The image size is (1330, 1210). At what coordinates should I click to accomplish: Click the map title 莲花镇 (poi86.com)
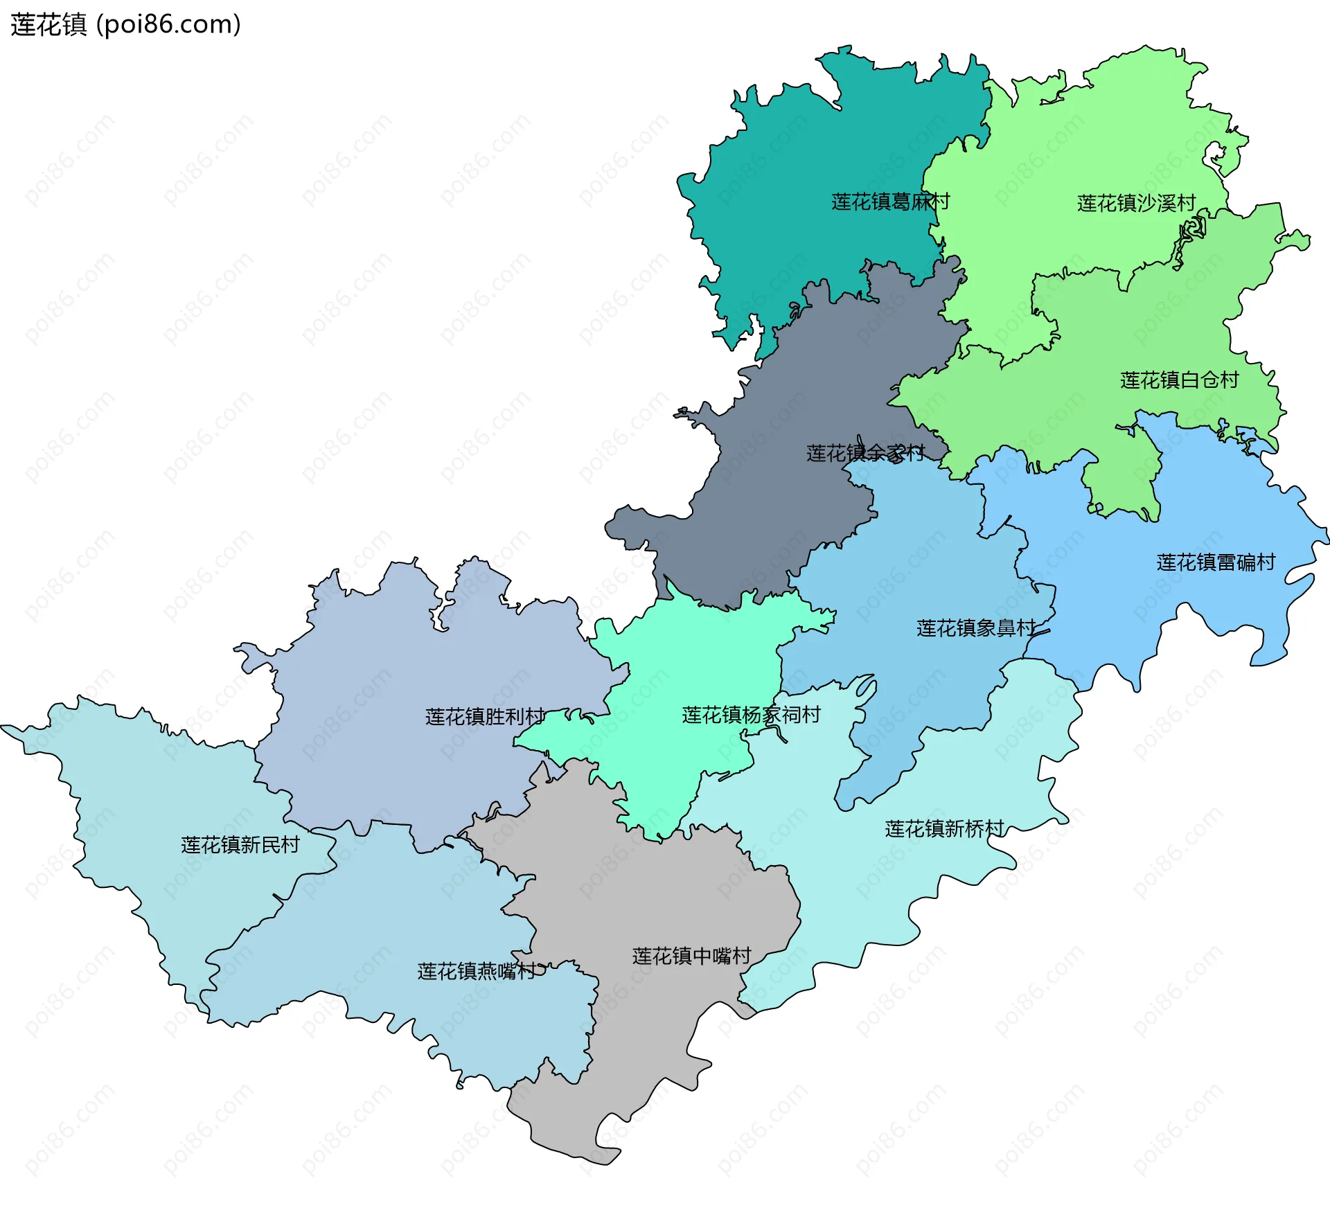tap(125, 24)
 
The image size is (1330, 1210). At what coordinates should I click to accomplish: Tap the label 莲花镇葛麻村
tap(890, 202)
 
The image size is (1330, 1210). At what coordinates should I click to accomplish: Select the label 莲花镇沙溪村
tap(1136, 203)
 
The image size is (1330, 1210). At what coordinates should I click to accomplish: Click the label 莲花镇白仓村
tap(1179, 380)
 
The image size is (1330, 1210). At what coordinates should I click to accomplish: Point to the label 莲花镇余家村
tap(865, 454)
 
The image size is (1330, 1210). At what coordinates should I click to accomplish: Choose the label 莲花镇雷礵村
tap(1216, 562)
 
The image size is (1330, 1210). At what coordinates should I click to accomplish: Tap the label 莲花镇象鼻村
tap(976, 628)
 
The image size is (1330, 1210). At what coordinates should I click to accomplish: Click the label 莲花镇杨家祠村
tap(751, 715)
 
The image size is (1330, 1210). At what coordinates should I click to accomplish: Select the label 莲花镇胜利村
tap(485, 717)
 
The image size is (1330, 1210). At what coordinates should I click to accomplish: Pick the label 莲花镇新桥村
tap(944, 829)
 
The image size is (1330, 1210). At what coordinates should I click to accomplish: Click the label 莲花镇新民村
tap(240, 845)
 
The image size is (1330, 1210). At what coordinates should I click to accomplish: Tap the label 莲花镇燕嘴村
tap(477, 972)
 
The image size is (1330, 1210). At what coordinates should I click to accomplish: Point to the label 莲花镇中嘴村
tap(691, 957)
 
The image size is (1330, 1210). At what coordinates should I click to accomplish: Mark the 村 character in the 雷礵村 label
tap(1266, 562)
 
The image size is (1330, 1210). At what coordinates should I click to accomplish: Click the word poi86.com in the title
tap(168, 24)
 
